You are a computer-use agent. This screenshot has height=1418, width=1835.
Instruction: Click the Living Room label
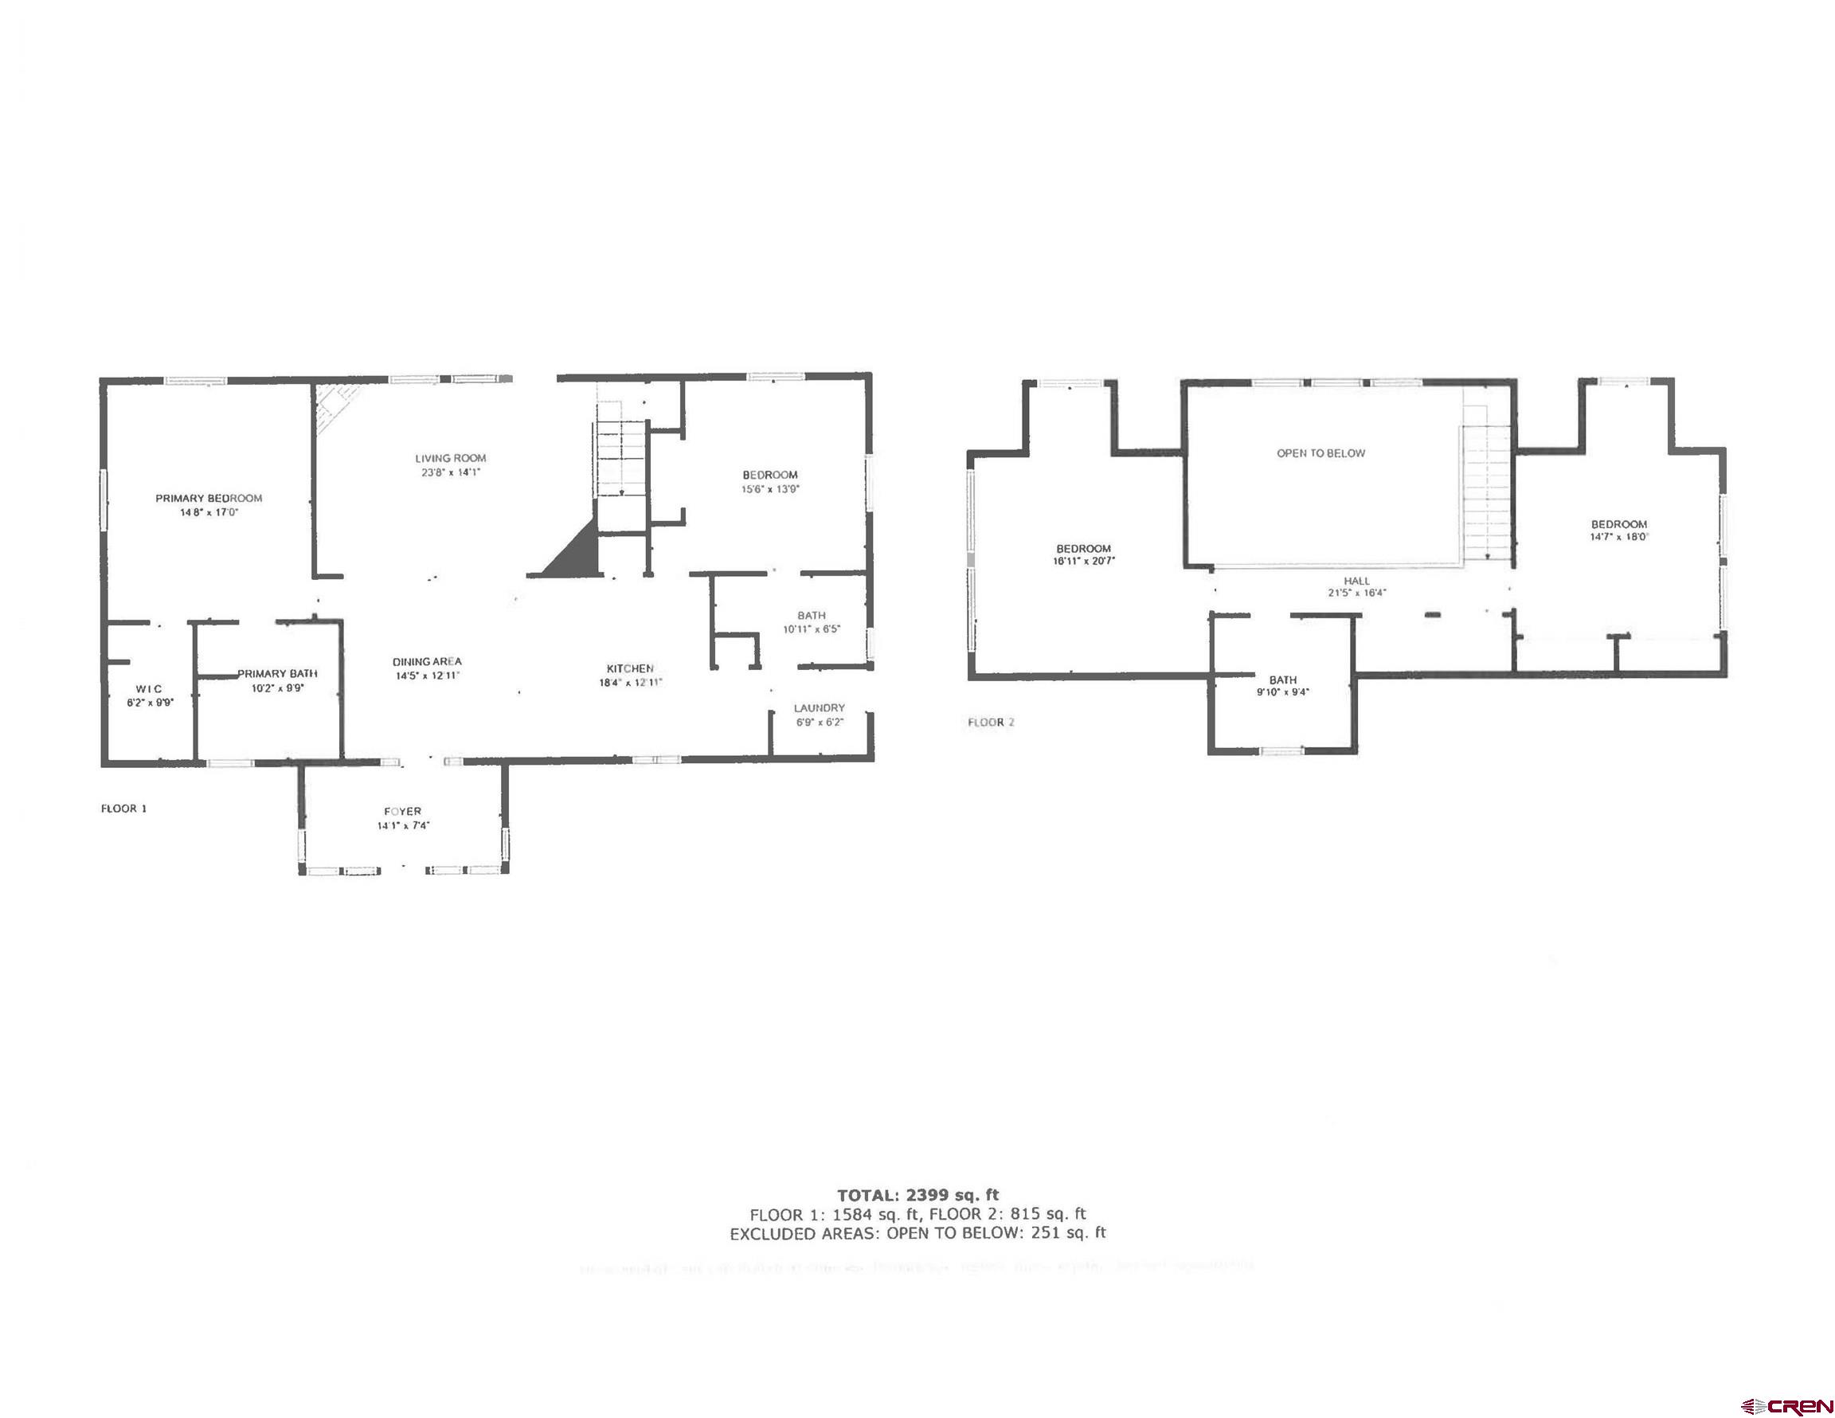tap(450, 458)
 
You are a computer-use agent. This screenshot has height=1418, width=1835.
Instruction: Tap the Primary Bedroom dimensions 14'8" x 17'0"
tap(209, 512)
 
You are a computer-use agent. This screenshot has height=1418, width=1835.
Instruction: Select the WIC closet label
tap(149, 688)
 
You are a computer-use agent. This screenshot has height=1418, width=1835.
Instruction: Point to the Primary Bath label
tap(277, 673)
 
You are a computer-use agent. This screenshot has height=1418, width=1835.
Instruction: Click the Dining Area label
tap(427, 661)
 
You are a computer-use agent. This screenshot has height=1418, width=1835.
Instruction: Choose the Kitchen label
tap(630, 668)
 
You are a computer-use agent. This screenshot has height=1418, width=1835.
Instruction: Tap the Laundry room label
tap(820, 707)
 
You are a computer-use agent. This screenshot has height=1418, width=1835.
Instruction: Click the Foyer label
tap(402, 811)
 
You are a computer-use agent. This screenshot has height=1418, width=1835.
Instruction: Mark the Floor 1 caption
tap(124, 809)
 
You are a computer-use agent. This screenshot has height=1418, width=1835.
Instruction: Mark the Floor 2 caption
tap(992, 722)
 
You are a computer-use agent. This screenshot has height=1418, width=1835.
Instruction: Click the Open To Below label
tap(1320, 453)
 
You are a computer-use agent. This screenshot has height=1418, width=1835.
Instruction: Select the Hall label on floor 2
tap(1356, 581)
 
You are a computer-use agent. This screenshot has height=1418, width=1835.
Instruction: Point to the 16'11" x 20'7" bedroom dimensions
tap(1084, 562)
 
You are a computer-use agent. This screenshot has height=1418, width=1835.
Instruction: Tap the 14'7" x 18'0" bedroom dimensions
tap(1619, 536)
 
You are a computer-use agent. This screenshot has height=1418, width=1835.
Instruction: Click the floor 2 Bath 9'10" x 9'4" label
tap(1283, 680)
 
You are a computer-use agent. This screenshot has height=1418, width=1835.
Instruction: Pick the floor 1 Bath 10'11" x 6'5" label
tap(812, 615)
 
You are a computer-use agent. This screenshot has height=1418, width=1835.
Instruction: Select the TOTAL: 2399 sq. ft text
tap(917, 1194)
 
